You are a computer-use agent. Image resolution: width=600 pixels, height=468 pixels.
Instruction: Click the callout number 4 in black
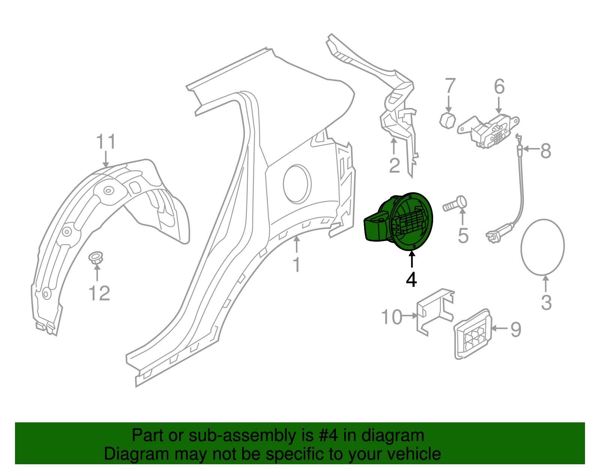click(x=411, y=280)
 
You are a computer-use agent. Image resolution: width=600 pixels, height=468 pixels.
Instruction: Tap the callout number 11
click(x=106, y=142)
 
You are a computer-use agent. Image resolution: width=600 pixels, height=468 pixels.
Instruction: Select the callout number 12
click(x=99, y=293)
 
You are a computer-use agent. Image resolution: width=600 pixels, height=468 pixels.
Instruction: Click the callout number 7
click(x=450, y=86)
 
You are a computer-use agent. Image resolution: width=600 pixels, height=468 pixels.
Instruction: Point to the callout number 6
click(x=499, y=87)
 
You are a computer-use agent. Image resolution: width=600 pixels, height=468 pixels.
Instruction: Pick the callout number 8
click(x=546, y=151)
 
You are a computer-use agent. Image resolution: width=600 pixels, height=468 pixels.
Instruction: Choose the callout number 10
click(x=391, y=317)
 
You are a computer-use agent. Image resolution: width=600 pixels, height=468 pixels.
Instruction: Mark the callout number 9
click(x=516, y=329)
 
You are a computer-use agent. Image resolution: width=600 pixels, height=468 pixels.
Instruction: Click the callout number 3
click(x=546, y=302)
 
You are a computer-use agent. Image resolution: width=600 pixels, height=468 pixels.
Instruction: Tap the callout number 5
click(x=463, y=236)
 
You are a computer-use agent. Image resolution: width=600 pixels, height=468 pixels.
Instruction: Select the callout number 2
click(x=394, y=166)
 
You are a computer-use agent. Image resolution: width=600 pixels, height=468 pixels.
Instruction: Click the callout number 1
click(x=297, y=265)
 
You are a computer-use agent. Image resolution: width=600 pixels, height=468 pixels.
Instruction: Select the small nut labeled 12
click(x=96, y=258)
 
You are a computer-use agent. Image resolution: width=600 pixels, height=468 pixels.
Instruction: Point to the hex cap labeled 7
click(x=447, y=120)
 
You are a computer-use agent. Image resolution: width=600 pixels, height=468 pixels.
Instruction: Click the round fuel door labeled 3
click(x=542, y=247)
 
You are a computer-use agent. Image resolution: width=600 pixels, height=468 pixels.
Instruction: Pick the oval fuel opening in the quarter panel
click(x=297, y=184)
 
